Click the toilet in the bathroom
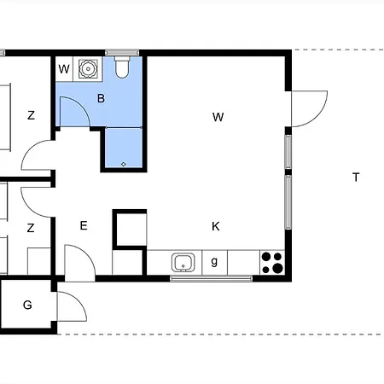(121, 67)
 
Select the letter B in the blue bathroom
(101, 99)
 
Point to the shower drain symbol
(124, 162)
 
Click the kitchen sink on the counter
(183, 262)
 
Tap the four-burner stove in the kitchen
(271, 262)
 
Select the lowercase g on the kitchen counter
(214, 262)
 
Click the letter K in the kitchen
(216, 226)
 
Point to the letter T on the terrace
(355, 177)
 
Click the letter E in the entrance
(84, 226)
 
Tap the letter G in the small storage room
(27, 305)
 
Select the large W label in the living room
(218, 118)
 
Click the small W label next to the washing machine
(64, 68)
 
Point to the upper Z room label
(31, 116)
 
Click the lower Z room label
(31, 228)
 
